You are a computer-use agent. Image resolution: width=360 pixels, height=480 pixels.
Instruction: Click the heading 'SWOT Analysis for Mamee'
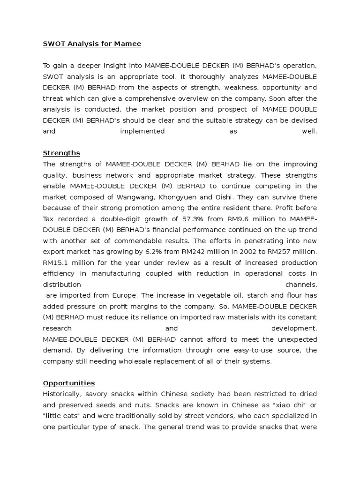[x=92, y=44]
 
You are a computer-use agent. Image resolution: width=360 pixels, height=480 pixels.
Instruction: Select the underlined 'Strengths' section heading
[x=61, y=153]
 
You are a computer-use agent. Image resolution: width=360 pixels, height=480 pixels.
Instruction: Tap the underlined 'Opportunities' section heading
[x=69, y=383]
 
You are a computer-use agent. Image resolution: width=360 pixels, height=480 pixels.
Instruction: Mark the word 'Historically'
[x=62, y=394]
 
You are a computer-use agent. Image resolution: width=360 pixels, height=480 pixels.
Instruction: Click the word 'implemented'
[x=142, y=131]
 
